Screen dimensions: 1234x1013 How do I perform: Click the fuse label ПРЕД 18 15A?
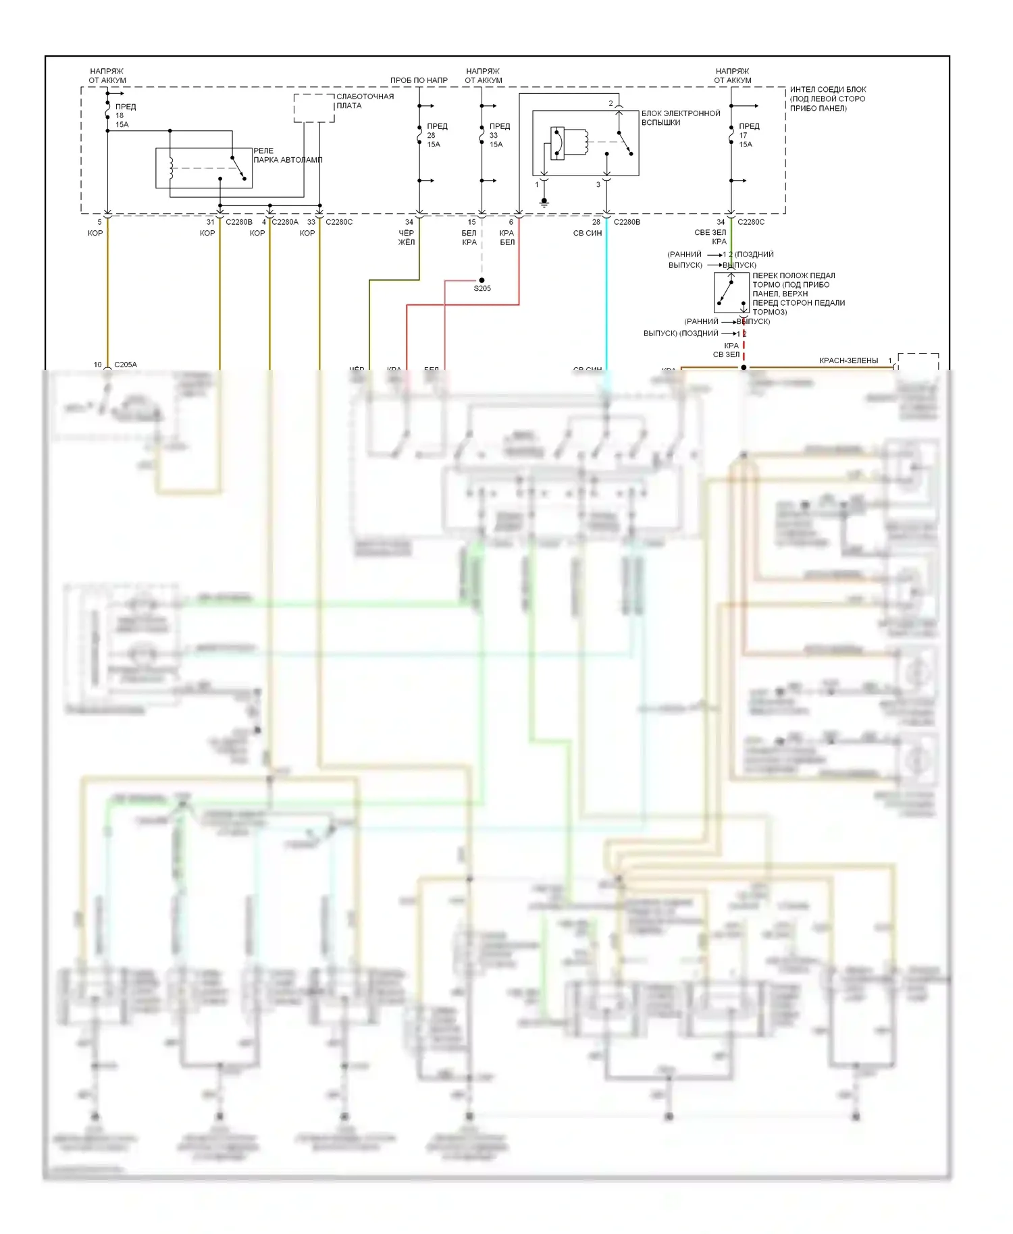pos(124,115)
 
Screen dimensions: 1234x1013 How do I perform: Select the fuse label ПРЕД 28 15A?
pos(436,135)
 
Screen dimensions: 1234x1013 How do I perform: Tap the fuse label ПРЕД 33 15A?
pos(499,135)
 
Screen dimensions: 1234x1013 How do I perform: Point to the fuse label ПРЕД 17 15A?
pos(748,135)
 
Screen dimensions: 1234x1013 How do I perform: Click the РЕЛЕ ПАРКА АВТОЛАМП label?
pos(287,155)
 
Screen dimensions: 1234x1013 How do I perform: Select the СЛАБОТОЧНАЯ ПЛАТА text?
pos(365,101)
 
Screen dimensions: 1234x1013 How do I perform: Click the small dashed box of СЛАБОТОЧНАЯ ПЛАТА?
pos(314,108)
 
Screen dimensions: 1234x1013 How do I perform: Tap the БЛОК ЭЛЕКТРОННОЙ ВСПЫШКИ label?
pos(680,117)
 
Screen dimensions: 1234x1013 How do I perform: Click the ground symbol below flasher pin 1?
pos(544,201)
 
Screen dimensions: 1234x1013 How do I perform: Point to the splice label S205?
pos(482,288)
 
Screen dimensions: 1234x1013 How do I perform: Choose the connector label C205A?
pos(126,365)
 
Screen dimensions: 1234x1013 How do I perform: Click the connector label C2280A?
pos(284,221)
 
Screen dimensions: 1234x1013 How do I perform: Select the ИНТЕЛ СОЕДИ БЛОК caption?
pos(827,99)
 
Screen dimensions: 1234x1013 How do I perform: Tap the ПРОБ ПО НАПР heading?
pos(419,80)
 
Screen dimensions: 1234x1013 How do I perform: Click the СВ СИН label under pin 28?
pos(587,233)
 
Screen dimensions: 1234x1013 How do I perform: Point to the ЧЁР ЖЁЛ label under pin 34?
pos(407,238)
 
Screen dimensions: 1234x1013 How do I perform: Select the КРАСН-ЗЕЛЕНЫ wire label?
pos(848,360)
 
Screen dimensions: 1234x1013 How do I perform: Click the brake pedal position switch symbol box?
pos(731,293)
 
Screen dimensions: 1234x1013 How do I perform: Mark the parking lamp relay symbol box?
pos(204,168)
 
